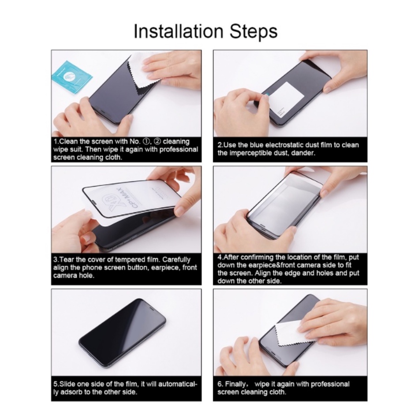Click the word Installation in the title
(178, 31)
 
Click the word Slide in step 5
(67, 384)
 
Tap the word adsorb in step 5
(71, 392)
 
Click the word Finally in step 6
(235, 384)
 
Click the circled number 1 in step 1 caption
(146, 141)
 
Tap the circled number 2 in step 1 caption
(157, 141)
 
